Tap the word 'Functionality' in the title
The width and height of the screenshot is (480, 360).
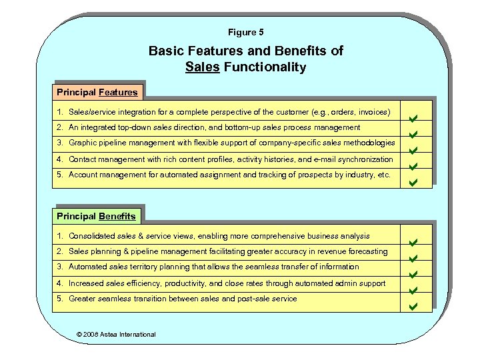265,67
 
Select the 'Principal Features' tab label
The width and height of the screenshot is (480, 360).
97,92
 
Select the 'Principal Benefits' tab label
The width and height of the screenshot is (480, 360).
96,215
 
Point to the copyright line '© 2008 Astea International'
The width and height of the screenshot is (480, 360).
117,334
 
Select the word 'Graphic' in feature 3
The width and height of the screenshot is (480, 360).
83,143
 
